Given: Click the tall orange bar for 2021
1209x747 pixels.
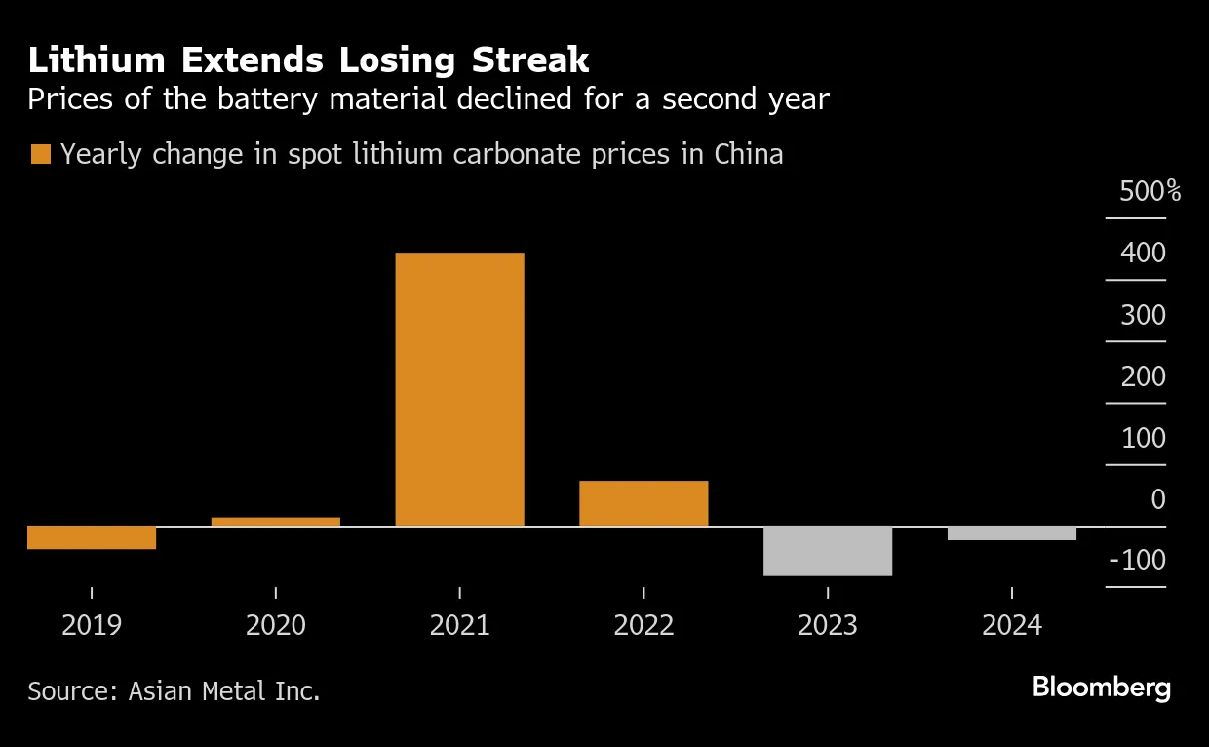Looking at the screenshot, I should pos(459,389).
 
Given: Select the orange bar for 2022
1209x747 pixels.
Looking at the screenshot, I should pos(643,503).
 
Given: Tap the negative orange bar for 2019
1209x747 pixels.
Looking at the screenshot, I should pos(92,537).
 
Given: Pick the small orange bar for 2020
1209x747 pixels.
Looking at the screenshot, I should pos(276,522).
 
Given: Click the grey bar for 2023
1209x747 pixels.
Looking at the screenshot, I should pos(828,551).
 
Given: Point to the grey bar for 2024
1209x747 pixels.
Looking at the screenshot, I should pos(1012,533).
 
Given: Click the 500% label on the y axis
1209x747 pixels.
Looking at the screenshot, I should pos(1150,192).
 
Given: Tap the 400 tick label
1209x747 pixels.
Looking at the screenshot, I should pos(1144,254).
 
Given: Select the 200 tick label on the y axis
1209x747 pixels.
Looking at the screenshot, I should pos(1144,376).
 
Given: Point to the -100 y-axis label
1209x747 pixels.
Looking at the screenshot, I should pos(1137,561).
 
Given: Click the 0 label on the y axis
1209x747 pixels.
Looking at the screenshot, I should pos(1157,499).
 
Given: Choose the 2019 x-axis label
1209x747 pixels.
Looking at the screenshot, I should pos(92,625).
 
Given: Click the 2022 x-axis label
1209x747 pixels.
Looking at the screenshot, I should pos(643,625).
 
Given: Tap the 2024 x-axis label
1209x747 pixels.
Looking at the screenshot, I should pos(1012,625).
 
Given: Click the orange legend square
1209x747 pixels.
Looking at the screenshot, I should pos(41,154).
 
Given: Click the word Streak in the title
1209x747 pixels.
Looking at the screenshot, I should pos(531,60).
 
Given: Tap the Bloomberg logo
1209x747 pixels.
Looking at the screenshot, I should pos(1102,688).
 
